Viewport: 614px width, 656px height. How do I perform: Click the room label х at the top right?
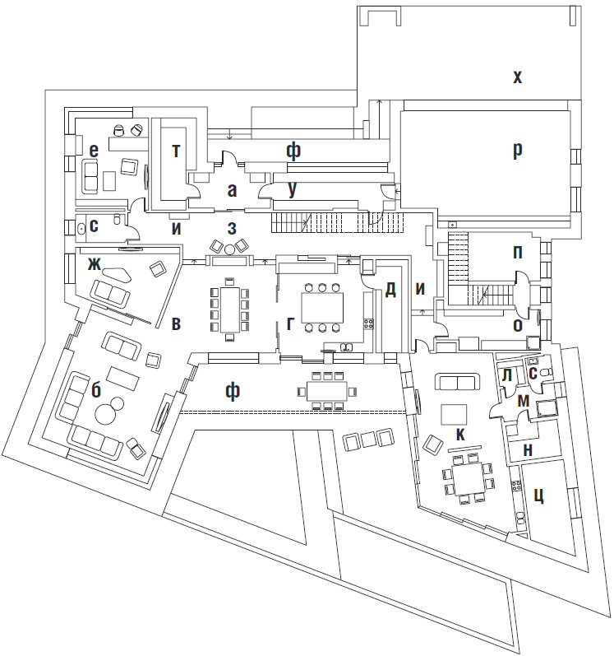pyautogui.click(x=517, y=78)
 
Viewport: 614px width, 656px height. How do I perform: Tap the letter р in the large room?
pyautogui.click(x=517, y=151)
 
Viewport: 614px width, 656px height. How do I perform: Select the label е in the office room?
pyautogui.click(x=95, y=149)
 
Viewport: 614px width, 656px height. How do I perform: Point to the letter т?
pyautogui.click(x=175, y=149)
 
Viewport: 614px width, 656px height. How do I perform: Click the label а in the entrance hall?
pyautogui.click(x=232, y=191)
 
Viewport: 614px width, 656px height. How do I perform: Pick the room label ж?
pyautogui.click(x=96, y=263)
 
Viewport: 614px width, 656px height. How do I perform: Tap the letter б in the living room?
pyautogui.click(x=96, y=390)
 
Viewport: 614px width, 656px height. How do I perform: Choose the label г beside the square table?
pyautogui.click(x=291, y=323)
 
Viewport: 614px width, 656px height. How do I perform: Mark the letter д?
pyautogui.click(x=390, y=289)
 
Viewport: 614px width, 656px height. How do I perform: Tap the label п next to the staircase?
pyautogui.click(x=517, y=252)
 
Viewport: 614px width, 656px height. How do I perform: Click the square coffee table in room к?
pyautogui.click(x=454, y=413)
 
